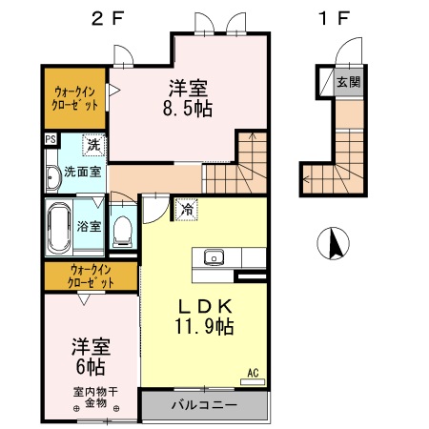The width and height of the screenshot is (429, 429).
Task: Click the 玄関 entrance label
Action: click(x=347, y=82)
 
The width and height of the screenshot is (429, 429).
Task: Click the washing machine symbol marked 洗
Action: click(x=92, y=146)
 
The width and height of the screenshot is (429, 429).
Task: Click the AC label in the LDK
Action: click(x=253, y=373)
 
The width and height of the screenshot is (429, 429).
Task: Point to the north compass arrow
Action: click(x=335, y=245)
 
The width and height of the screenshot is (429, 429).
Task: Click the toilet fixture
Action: click(x=122, y=230)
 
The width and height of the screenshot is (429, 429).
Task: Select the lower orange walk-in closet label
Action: click(x=91, y=277)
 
